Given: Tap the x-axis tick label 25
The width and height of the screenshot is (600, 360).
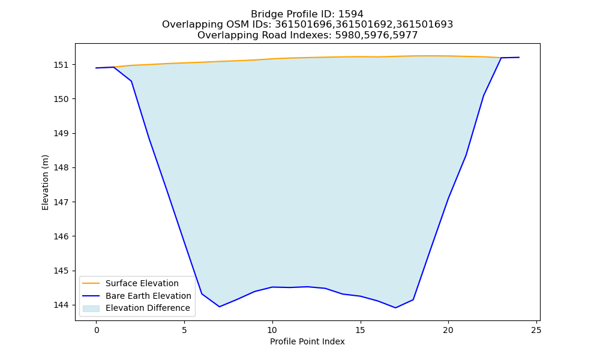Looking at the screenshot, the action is [536, 330].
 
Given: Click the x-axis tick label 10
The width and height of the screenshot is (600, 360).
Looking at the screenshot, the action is [272, 330].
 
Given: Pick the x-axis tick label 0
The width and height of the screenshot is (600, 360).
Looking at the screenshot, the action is [97, 330].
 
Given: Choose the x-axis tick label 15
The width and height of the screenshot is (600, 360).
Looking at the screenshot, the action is [360, 330].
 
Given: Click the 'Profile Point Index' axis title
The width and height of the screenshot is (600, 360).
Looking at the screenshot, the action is [307, 341].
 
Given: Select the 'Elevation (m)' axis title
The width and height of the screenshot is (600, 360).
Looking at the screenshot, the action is [45, 182].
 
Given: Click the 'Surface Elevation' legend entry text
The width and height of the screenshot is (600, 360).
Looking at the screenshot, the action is [142, 283].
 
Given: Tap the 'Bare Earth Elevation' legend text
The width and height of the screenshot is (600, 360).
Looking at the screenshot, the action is [148, 296].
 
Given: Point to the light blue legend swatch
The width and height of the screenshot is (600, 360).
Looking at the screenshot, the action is [91, 308].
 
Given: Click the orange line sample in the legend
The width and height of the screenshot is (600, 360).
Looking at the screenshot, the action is [91, 283].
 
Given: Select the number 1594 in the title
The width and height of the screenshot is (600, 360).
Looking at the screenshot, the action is [350, 14].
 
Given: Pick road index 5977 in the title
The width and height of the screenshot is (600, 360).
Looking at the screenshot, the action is [405, 35].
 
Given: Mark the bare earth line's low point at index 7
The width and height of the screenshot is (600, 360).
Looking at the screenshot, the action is [220, 307].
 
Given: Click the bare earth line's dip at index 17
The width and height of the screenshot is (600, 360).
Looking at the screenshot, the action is [395, 308].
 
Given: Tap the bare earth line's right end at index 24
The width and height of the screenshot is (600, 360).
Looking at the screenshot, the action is [519, 58].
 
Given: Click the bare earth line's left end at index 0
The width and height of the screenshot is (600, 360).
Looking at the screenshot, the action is [97, 68].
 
